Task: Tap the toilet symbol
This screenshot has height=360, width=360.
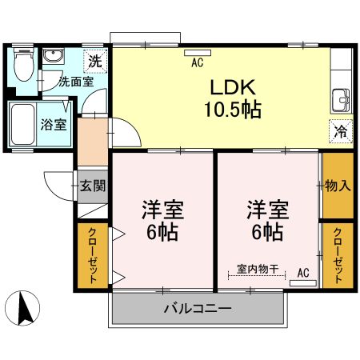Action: (24, 65)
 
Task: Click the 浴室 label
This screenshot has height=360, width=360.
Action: (54, 124)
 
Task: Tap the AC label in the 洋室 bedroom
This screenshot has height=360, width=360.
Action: (303, 272)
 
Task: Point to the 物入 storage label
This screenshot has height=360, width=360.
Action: (337, 186)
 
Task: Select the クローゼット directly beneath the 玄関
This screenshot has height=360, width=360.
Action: (92, 257)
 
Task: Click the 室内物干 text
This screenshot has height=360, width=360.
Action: (257, 270)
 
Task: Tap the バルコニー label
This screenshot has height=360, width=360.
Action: (198, 308)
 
